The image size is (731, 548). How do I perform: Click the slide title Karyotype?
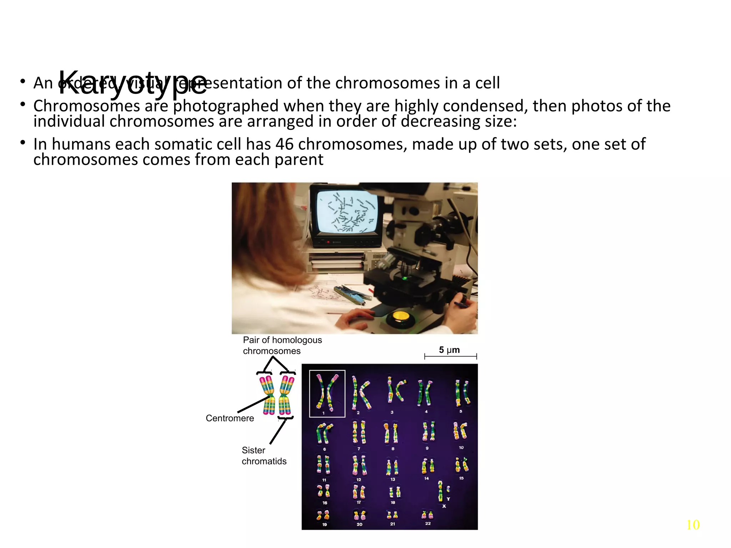132,83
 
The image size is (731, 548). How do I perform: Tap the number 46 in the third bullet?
284,144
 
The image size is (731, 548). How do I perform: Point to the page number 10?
693,525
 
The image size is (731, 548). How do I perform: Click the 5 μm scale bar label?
449,350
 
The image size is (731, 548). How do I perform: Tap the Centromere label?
230,418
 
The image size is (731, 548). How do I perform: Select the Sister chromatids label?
264,456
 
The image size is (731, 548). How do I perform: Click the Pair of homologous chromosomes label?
282,345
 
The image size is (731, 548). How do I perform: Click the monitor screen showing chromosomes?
346,212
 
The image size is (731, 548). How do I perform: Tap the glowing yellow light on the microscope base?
401,316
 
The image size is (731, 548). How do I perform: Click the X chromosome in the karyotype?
441,491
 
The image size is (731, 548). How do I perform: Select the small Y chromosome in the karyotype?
448,489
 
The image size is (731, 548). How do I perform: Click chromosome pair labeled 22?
428,515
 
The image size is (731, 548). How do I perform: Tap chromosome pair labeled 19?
323,515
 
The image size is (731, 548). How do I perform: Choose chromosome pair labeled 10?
460,431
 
